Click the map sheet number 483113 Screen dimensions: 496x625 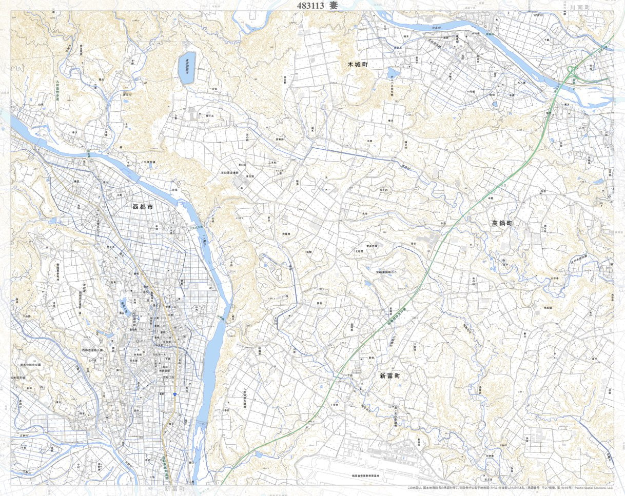point(310,6)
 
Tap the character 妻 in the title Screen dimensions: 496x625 point(334,6)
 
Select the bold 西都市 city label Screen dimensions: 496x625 point(143,207)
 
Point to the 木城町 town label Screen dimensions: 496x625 point(358,65)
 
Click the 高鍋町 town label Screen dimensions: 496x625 point(502,223)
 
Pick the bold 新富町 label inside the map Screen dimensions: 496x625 point(390,376)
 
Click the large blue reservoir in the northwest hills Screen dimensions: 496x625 point(186,68)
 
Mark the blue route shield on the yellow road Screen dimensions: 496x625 point(175,394)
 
